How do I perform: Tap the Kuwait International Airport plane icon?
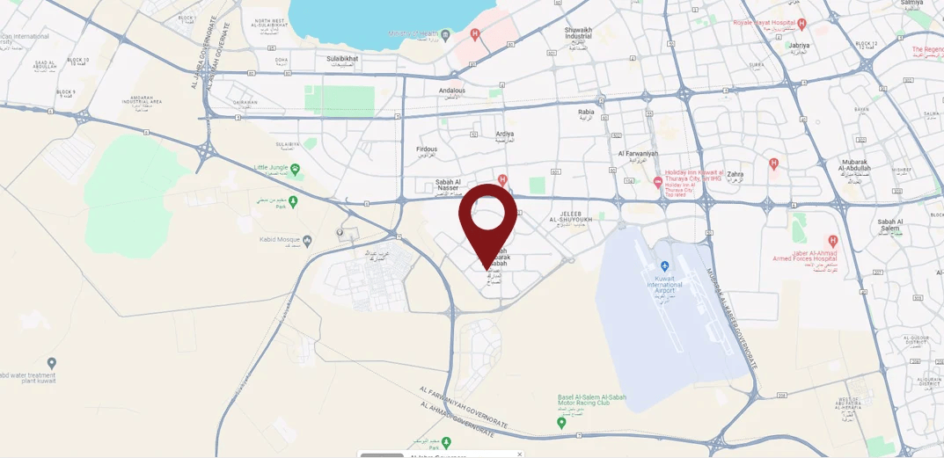664,265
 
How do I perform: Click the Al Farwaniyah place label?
639,154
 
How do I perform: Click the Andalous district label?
452,90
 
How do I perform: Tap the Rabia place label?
586,112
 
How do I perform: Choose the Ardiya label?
504,134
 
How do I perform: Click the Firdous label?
427,149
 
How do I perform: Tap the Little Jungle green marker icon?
295,168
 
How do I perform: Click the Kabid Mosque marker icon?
307,239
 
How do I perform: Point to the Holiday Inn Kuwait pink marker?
658,182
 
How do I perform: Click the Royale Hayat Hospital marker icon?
801,24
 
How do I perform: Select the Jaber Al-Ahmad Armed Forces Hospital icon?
832,240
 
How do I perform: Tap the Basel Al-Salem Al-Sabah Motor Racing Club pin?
562,423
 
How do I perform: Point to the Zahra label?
735,174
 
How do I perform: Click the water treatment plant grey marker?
52,363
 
